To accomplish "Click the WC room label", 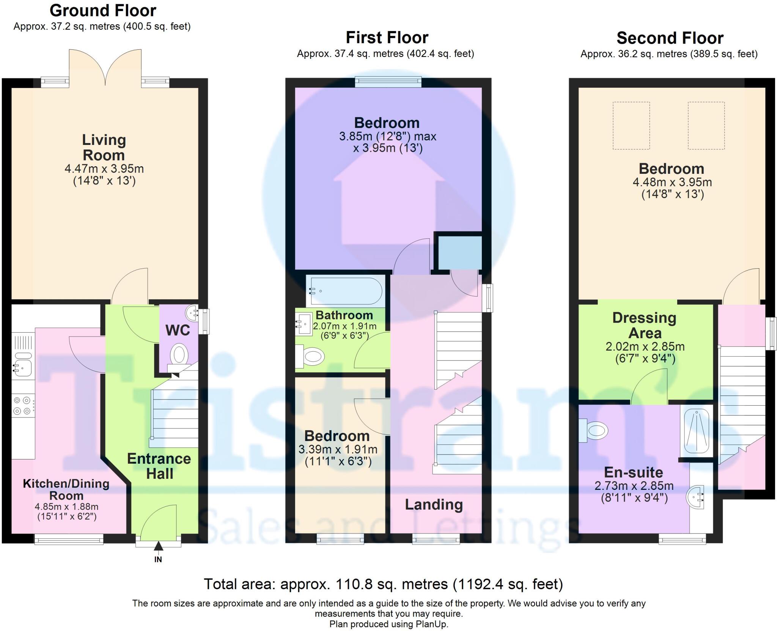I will (178, 330).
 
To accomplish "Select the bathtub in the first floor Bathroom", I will (346, 291).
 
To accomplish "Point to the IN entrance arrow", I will (158, 547).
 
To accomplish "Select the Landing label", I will (434, 505).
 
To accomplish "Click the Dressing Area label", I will (645, 325).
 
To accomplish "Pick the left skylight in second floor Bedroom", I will (631, 125).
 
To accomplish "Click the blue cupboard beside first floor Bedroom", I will (460, 252).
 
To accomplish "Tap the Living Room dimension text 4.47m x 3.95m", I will (104, 168).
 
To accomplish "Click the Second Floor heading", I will (670, 38).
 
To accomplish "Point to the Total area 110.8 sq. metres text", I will (383, 584).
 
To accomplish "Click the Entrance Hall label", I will (159, 466).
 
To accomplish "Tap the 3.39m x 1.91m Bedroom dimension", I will (338, 450).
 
